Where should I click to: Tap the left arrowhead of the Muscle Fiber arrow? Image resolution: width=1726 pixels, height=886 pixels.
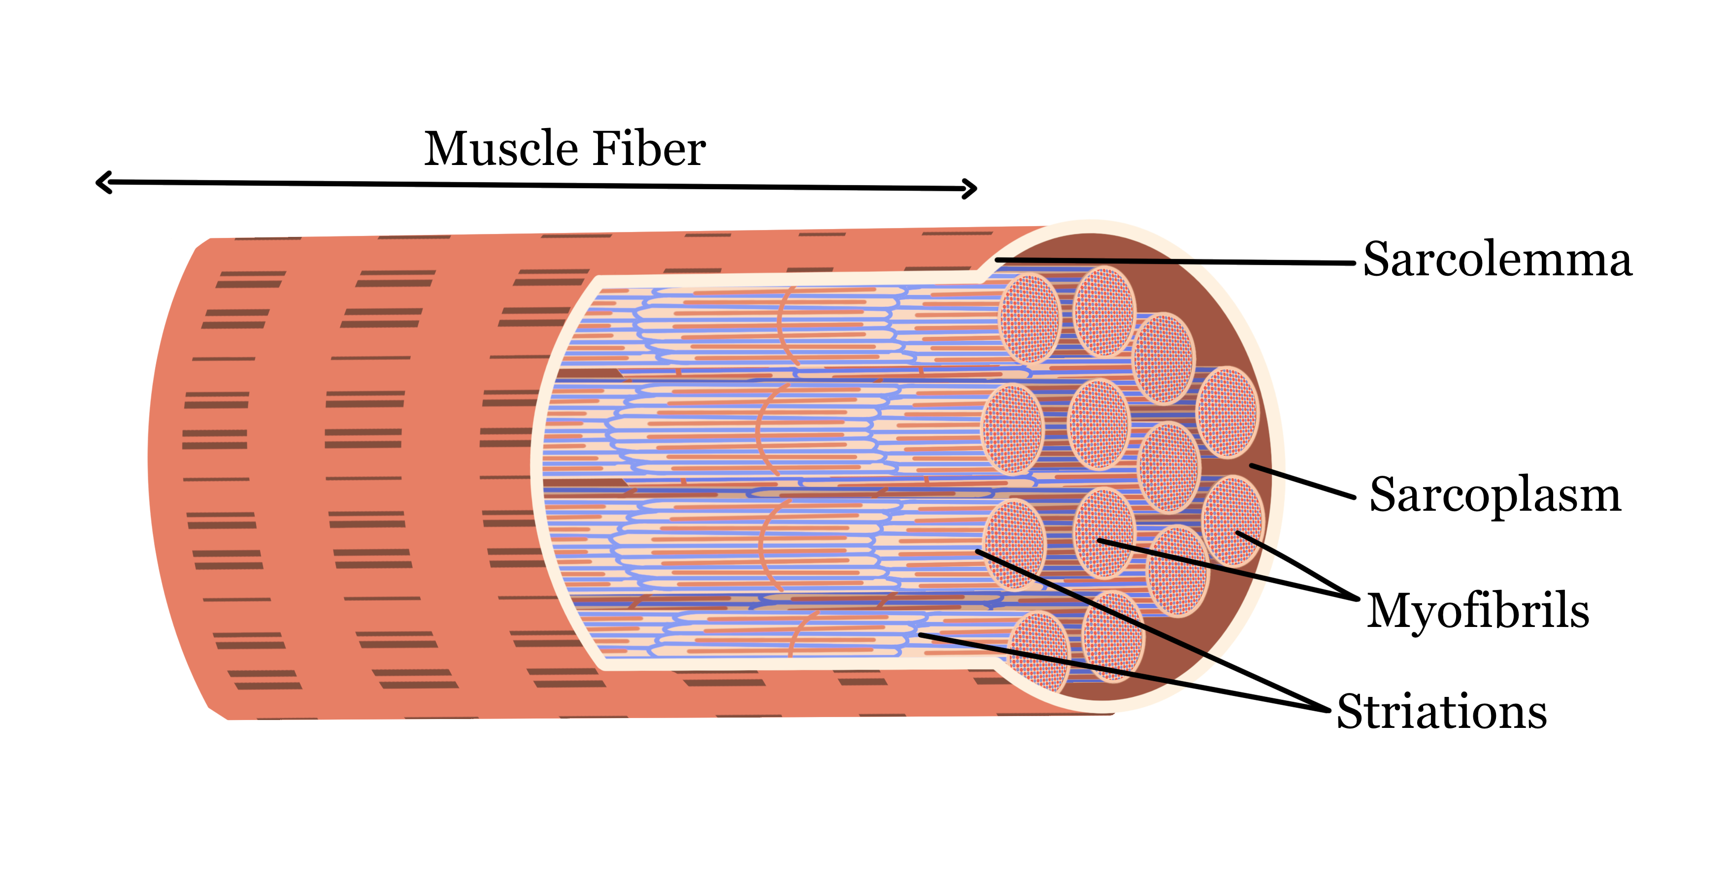(x=102, y=182)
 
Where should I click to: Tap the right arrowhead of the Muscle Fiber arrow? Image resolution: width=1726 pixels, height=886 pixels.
(x=971, y=189)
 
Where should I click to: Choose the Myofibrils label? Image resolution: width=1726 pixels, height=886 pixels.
(x=1477, y=611)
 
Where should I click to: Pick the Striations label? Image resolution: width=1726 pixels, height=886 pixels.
(x=1441, y=711)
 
